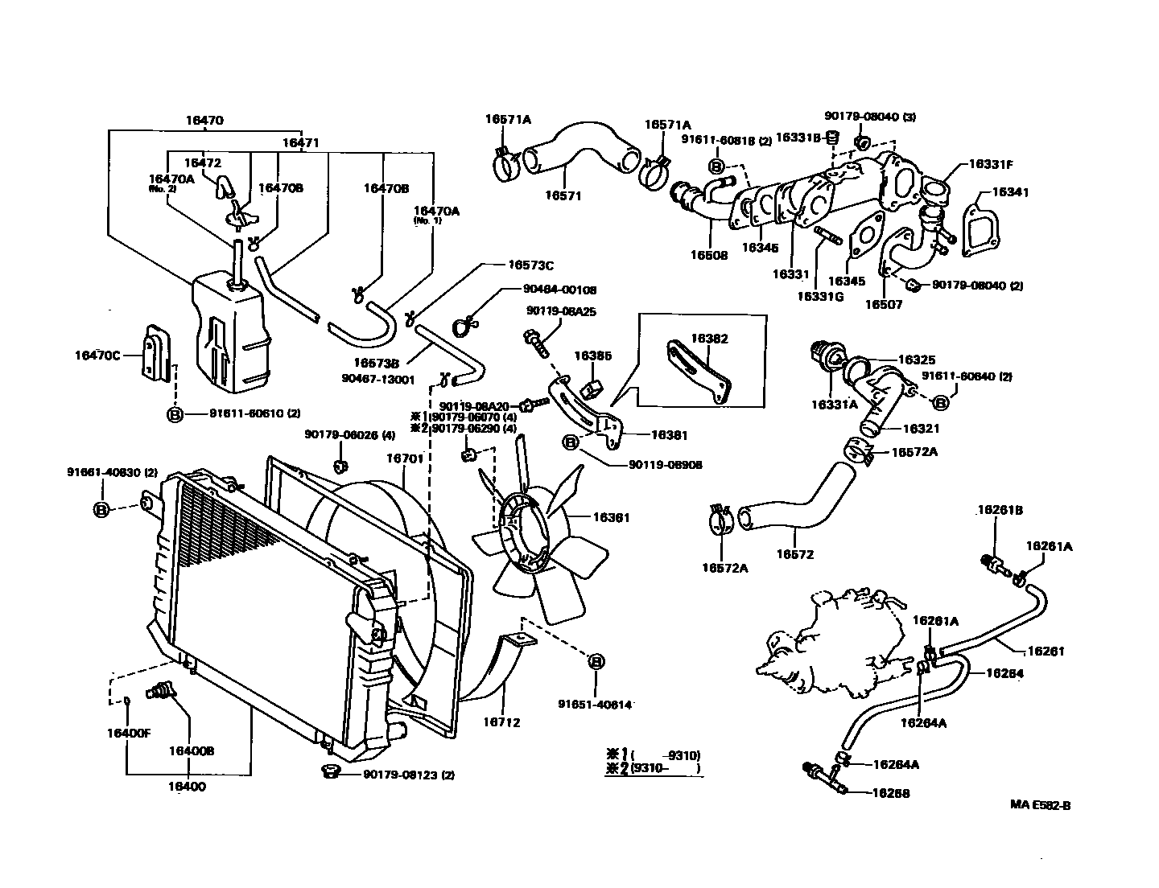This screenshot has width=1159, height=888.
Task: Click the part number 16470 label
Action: [204, 121]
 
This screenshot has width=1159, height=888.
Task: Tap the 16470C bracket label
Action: [97, 355]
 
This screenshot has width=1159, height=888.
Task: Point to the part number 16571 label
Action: [563, 195]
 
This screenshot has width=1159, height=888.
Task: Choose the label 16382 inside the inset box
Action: [709, 339]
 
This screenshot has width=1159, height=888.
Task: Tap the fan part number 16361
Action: [612, 518]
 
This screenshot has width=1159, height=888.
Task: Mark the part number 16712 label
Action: [502, 722]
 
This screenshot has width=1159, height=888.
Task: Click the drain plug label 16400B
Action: [191, 750]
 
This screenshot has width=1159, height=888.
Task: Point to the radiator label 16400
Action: [187, 787]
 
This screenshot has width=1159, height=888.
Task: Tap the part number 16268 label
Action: [891, 792]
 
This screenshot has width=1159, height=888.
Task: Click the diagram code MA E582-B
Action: [1041, 804]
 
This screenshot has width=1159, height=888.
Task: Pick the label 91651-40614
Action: [595, 705]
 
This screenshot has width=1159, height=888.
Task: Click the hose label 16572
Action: [794, 554]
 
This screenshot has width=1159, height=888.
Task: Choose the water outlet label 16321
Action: [921, 429]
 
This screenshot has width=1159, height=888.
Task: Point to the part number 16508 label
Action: [708, 255]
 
